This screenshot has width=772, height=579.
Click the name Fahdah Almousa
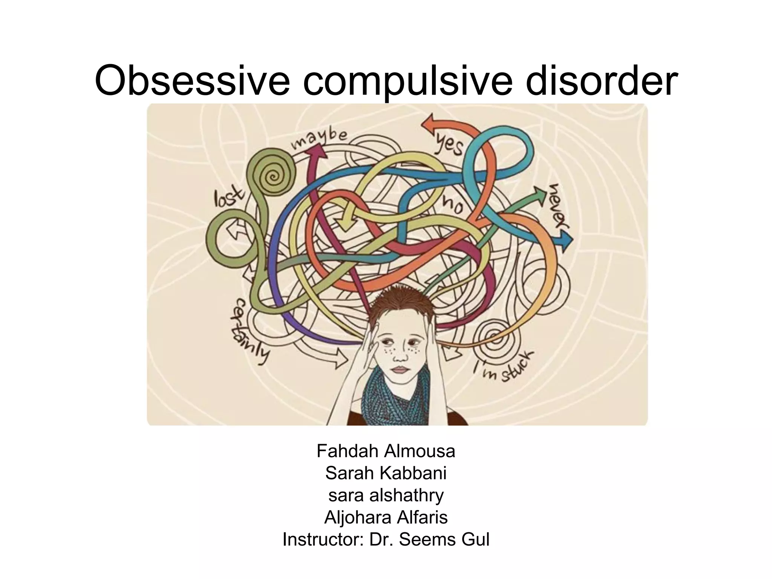click(386, 451)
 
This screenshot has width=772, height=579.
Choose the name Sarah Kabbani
click(386, 473)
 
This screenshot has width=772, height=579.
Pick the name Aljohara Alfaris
click(386, 517)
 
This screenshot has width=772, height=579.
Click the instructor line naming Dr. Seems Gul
click(386, 539)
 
